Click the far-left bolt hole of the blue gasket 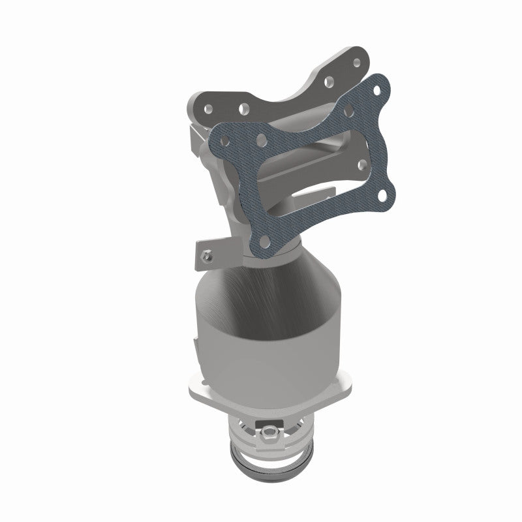coord(225,140)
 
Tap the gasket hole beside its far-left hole coord(261,140)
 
